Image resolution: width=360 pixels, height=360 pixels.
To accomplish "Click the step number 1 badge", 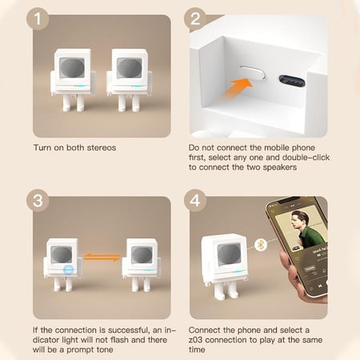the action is coord(38,18).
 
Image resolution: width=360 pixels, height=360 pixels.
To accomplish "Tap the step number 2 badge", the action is coord(195,18).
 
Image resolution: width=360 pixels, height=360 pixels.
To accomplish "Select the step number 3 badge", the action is coord(38,201).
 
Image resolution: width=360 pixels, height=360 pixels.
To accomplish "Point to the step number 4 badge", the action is coord(195,201).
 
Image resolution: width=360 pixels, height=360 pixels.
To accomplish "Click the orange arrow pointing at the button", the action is coord(237,88).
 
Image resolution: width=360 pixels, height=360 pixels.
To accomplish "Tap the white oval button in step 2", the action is coord(253,72).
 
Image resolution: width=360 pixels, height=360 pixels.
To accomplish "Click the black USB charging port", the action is coord(292,81).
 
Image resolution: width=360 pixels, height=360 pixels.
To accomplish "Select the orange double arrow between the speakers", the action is coord(102,258).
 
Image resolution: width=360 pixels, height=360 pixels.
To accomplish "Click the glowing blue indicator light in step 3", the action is coord(69,270).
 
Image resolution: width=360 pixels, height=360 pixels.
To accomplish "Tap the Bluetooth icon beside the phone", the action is coord(261,245).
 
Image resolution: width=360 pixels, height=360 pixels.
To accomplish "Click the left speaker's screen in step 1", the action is coord(72,68).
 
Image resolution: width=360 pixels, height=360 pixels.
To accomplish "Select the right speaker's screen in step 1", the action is coord(130,68).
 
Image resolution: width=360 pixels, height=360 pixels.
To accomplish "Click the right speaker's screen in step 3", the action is coord(142,254).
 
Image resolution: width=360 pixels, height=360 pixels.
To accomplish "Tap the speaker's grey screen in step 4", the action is coord(229,254).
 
